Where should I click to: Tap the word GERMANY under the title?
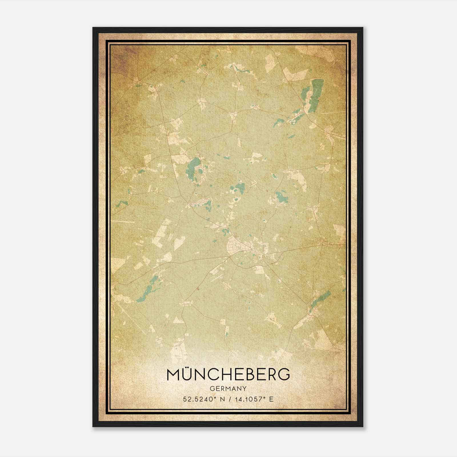[228, 388]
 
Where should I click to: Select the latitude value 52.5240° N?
[203, 399]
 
